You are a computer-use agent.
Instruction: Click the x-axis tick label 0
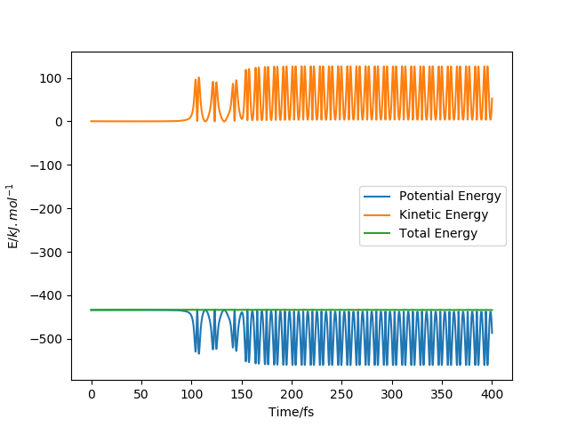coord(91,393)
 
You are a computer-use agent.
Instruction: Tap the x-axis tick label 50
coord(141,393)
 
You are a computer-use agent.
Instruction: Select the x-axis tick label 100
coord(191,393)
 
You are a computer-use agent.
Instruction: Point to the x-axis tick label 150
coord(241,393)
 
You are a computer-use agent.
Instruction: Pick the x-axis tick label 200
coord(292,393)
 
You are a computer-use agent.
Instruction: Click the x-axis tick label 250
coord(341,393)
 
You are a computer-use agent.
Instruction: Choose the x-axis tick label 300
coord(392,393)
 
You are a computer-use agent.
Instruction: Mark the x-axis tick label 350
coord(442,393)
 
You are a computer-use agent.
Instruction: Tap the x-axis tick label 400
coord(492,393)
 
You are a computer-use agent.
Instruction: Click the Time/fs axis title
coord(292,412)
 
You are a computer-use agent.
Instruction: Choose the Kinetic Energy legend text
coord(444,215)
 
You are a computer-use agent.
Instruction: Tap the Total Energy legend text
coord(438,234)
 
